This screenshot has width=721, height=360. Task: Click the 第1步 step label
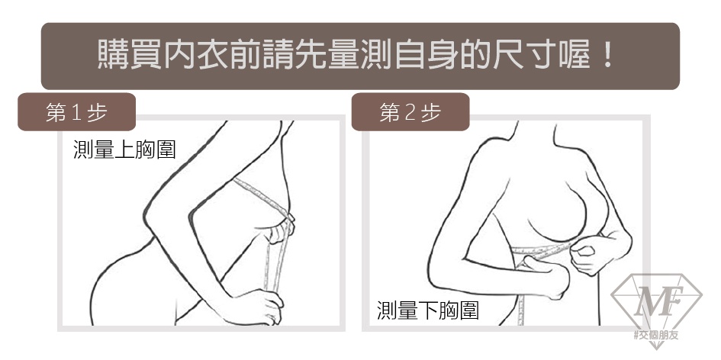pyautogui.click(x=76, y=112)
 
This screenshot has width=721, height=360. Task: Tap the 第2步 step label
pyautogui.click(x=410, y=112)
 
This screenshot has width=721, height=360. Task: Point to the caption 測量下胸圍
pyautogui.click(x=428, y=310)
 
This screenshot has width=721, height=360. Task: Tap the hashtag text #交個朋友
pyautogui.click(x=656, y=335)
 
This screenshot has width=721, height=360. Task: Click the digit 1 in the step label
pyautogui.click(x=76, y=113)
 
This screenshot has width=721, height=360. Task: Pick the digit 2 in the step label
pyautogui.click(x=410, y=113)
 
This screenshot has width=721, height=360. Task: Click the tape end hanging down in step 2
pyautogui.click(x=521, y=299)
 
